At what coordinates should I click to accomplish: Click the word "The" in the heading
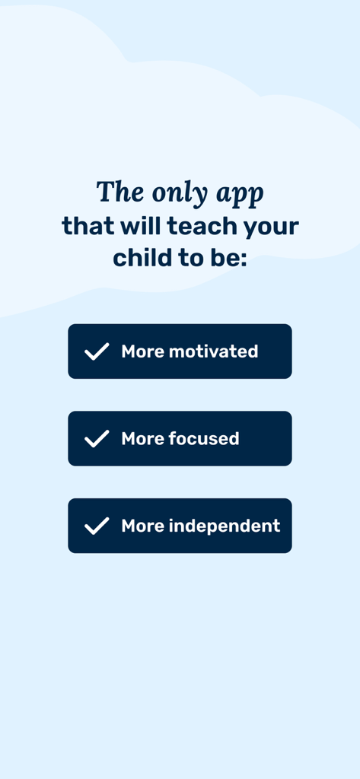(x=120, y=192)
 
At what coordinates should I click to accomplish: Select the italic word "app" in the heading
(x=241, y=195)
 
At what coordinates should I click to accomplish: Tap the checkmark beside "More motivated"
(x=97, y=351)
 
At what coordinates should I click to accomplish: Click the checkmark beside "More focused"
(x=97, y=439)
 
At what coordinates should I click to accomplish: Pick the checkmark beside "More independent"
(x=97, y=526)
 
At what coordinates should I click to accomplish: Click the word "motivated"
(x=213, y=351)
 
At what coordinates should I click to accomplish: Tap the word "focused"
(x=203, y=439)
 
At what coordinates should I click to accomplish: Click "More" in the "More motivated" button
(x=142, y=351)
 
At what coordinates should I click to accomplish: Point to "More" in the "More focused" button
(x=142, y=439)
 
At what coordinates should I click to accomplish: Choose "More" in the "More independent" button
(x=142, y=526)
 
